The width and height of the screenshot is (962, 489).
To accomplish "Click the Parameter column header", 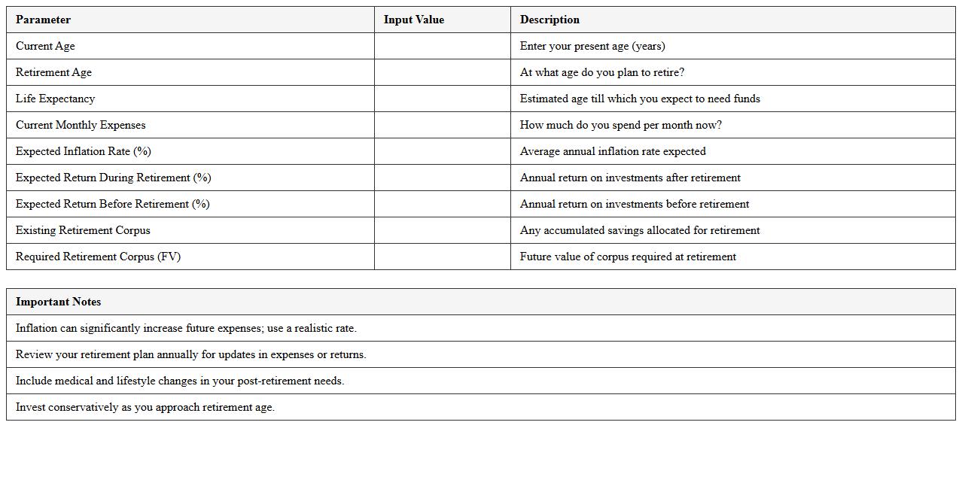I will pyautogui.click(x=43, y=20).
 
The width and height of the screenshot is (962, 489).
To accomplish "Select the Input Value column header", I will pyautogui.click(x=413, y=20).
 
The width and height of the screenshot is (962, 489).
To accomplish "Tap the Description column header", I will pyautogui.click(x=549, y=20).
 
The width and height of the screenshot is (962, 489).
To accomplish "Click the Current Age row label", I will pyautogui.click(x=45, y=46).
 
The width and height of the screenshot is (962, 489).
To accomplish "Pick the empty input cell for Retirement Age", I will pyautogui.click(x=442, y=72).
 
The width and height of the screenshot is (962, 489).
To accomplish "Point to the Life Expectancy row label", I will pyautogui.click(x=55, y=99).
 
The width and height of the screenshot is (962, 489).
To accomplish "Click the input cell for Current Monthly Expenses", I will pyautogui.click(x=442, y=125).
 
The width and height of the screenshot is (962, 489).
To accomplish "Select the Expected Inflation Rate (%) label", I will pyautogui.click(x=83, y=151).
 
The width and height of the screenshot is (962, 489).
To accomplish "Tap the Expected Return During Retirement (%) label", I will pyautogui.click(x=113, y=178).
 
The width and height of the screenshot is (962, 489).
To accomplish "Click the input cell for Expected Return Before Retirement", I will pyautogui.click(x=442, y=204).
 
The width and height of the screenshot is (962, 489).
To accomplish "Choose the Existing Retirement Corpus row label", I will pyautogui.click(x=83, y=230).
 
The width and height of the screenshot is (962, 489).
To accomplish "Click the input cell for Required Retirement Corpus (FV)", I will pyautogui.click(x=442, y=257).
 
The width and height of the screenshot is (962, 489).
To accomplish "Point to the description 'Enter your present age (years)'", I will pyautogui.click(x=592, y=46).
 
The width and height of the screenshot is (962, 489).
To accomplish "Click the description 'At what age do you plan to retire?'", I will pyautogui.click(x=601, y=72).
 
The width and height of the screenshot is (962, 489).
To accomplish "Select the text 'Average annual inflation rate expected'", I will pyautogui.click(x=613, y=151).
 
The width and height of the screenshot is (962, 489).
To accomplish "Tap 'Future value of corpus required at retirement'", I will pyautogui.click(x=628, y=257).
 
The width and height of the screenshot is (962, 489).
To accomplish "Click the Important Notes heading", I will pyautogui.click(x=58, y=302).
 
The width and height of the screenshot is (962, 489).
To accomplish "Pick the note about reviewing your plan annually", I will pyautogui.click(x=190, y=354).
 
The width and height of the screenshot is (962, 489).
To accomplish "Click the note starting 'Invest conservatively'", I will pyautogui.click(x=145, y=407).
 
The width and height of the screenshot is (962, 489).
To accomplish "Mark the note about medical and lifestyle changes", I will pyautogui.click(x=180, y=381).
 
